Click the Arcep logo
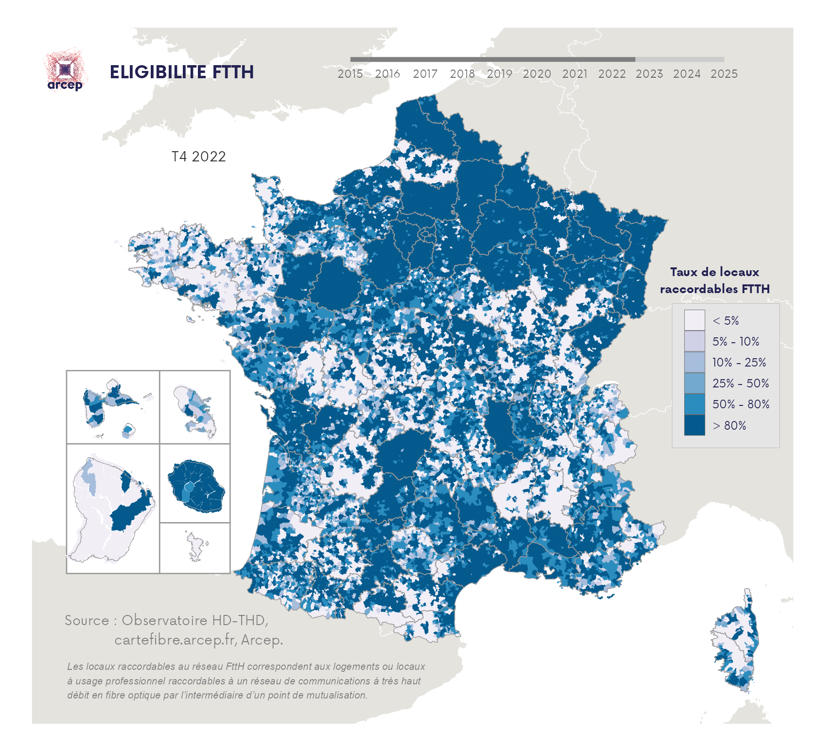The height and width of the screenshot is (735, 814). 65,71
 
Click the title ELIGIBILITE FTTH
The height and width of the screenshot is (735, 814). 181,72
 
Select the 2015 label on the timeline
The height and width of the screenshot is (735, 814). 350,74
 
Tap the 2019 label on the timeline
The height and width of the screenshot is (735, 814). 499,74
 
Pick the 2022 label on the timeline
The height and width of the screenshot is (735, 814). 612,74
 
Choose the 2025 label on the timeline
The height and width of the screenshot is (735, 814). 724,74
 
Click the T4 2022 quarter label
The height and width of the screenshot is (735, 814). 198,157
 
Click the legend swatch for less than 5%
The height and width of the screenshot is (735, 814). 694,320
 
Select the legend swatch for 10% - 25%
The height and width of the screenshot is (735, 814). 694,362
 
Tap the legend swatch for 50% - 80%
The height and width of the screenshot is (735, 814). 694,404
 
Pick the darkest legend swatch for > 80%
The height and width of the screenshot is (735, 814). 694,425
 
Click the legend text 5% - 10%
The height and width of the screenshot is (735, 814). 735,341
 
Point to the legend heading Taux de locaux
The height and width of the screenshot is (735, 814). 714,272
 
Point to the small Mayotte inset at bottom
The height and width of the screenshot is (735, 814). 196,547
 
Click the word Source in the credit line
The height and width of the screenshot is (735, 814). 87,620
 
